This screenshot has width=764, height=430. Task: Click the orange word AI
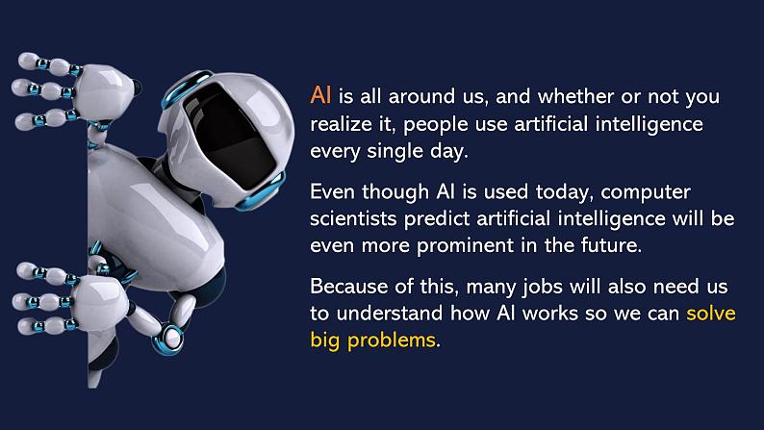pos(320,97)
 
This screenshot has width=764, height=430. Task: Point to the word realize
pos(342,124)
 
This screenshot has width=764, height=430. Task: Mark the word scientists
pos(351,217)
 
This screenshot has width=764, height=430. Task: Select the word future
pos(606,244)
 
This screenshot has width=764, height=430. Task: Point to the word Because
pos(348,287)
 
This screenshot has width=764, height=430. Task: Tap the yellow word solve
pos(710,314)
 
